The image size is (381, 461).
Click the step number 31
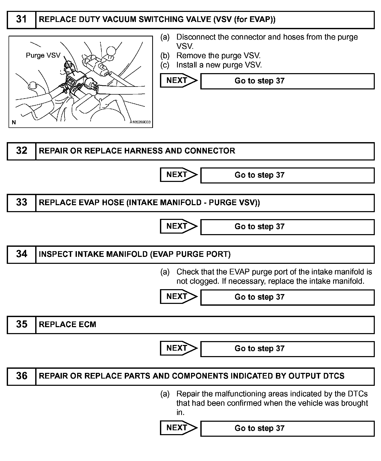(21, 19)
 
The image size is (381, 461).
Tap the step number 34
(21, 254)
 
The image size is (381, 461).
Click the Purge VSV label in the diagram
(43, 55)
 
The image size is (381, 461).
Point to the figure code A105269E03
(140, 122)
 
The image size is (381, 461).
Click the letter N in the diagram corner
(14, 122)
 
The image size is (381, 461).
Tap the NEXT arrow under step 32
(178, 175)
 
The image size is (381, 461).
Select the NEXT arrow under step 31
(178, 80)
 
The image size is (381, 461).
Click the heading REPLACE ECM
(67, 325)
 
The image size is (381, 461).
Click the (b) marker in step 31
(165, 56)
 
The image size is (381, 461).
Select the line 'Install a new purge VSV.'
(219, 65)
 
